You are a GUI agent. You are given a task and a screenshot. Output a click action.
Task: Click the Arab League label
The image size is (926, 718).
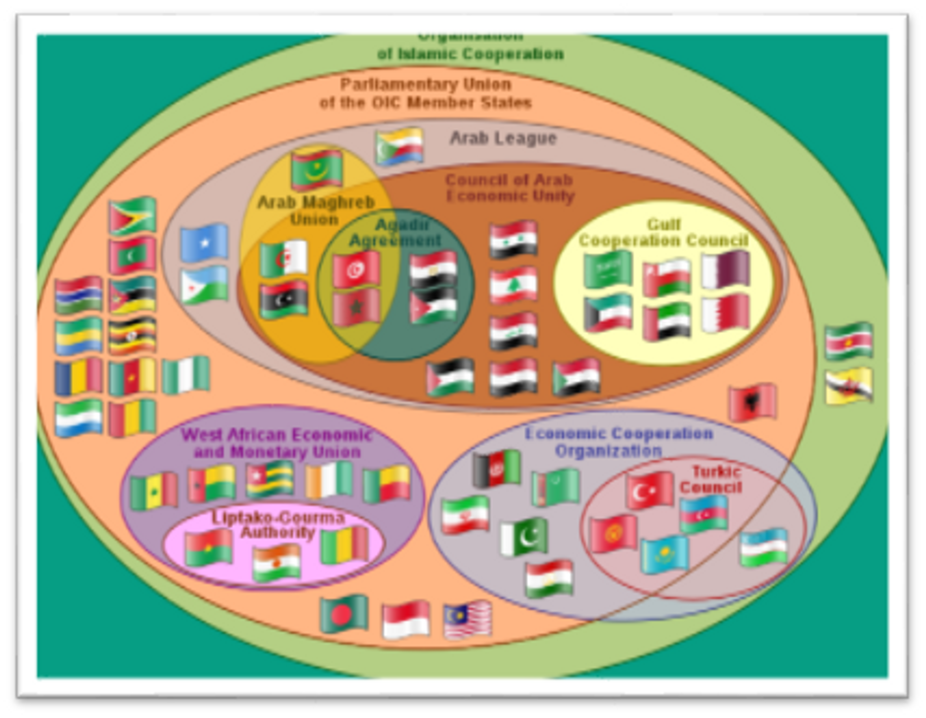pyautogui.click(x=503, y=138)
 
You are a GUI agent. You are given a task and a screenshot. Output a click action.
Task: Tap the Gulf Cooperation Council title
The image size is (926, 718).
pyautogui.click(x=664, y=233)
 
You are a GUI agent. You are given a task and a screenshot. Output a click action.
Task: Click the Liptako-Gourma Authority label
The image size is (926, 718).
pyautogui.click(x=278, y=525)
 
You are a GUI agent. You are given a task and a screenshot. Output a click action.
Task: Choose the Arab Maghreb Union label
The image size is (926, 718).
pyautogui.click(x=316, y=210)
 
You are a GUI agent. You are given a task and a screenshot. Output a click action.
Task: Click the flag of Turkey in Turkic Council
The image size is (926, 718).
pyautogui.click(x=649, y=490)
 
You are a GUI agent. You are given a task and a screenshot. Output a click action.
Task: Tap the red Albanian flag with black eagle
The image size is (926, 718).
pyautogui.click(x=752, y=402)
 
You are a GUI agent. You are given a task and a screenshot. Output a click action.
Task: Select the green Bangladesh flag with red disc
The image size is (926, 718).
pyautogui.click(x=344, y=614)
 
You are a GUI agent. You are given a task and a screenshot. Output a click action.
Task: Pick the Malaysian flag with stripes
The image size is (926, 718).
pyautogui.click(x=467, y=619)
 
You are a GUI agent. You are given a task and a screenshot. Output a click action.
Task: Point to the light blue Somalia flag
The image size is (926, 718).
pyautogui.click(x=204, y=243)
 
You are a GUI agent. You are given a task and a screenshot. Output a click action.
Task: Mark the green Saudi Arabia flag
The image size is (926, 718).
pyautogui.click(x=608, y=269)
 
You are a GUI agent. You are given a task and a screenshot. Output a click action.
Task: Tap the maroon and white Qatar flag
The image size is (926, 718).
pyautogui.click(x=725, y=269)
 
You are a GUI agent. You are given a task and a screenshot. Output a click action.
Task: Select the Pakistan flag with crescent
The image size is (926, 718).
pyautogui.click(x=524, y=537)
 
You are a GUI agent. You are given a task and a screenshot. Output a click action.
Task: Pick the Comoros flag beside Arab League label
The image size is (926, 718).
pyautogui.click(x=399, y=146)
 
